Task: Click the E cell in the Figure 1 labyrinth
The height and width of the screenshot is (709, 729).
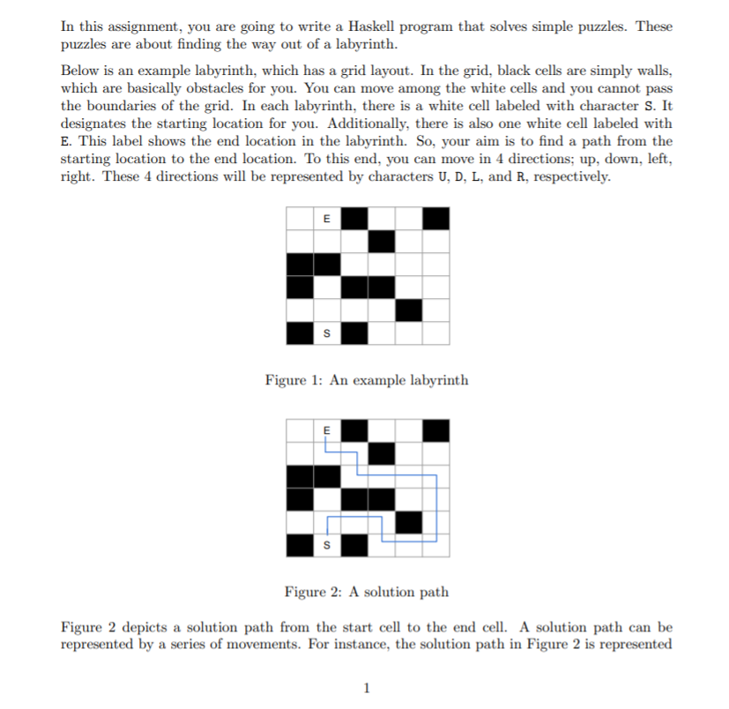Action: [328, 218]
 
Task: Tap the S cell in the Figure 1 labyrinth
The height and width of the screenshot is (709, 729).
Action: [328, 333]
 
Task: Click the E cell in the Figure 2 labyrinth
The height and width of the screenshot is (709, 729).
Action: [328, 429]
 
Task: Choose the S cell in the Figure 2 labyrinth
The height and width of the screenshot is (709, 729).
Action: [328, 545]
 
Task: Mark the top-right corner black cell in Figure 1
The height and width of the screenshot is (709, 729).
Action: [435, 218]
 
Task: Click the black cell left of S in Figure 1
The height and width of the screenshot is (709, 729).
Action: [301, 333]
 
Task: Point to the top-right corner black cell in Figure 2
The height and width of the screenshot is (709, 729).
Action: [435, 429]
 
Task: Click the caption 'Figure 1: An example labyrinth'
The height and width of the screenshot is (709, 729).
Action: [367, 380]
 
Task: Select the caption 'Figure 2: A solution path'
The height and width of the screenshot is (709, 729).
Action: [367, 592]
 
